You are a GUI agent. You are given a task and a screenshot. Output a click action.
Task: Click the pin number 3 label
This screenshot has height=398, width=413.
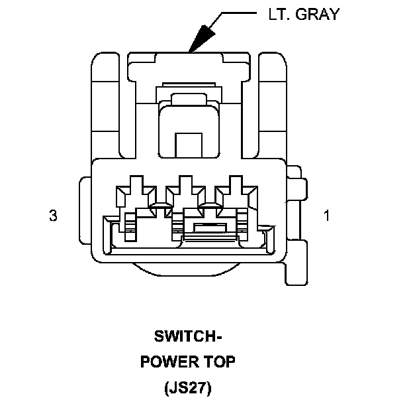coord(53,216)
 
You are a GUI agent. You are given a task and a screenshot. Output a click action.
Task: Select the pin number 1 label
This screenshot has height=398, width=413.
coord(326,216)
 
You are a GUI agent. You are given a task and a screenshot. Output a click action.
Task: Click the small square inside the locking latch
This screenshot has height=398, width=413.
coord(189,144)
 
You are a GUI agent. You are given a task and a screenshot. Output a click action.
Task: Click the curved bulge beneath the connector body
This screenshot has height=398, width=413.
coord(189,269)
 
